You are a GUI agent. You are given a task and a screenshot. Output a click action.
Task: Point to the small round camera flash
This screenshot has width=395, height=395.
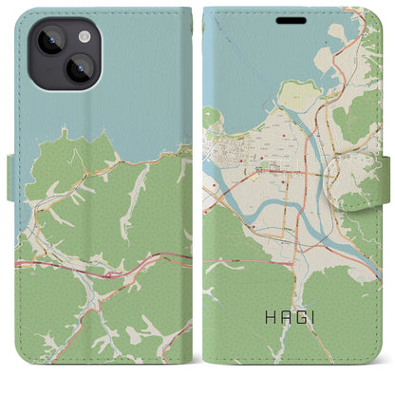[x=84, y=35]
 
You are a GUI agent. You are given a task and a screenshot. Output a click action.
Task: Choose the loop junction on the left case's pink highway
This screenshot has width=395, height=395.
[x=113, y=274]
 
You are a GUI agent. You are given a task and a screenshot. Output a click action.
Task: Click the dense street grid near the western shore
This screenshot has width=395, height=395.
[x=234, y=152]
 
